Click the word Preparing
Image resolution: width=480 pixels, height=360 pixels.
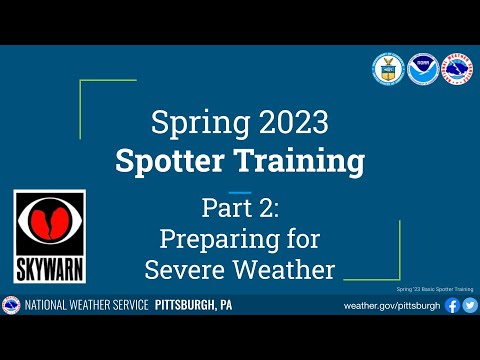(212, 240)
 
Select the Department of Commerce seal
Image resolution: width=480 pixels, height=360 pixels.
(388, 68)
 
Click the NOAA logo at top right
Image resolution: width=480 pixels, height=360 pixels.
(422, 68)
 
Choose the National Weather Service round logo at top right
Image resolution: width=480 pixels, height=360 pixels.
(456, 68)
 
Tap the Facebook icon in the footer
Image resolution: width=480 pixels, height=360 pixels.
(452, 305)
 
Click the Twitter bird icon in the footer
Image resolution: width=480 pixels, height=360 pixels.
(470, 305)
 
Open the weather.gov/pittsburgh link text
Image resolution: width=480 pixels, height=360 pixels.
(392, 305)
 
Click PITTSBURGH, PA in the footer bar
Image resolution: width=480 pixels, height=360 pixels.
(194, 305)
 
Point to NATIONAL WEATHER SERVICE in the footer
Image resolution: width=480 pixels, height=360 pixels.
(88, 305)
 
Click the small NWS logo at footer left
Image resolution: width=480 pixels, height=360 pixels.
(12, 305)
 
